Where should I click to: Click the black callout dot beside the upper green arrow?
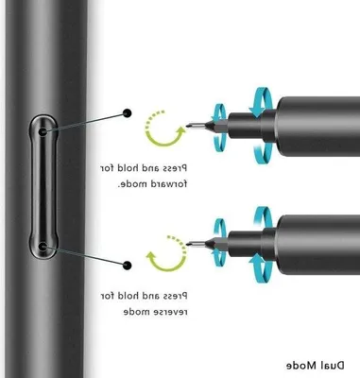(x=128, y=113)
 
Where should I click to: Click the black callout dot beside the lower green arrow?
(x=127, y=266)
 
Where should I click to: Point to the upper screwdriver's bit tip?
(x=187, y=126)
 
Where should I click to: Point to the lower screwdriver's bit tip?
(x=187, y=244)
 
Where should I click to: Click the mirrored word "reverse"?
(x=168, y=312)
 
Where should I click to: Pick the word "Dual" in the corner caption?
(x=332, y=366)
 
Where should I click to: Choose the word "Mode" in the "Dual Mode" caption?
(x=301, y=366)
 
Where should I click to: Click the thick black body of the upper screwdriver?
(x=318, y=127)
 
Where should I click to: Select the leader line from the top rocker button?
(x=85, y=122)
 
